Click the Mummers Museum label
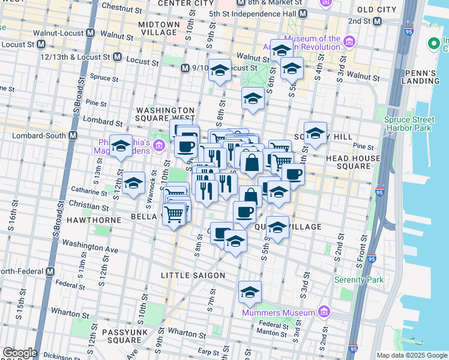279,313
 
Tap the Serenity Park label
358,280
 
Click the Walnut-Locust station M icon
92,32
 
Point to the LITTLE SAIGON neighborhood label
193,275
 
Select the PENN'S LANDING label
428,77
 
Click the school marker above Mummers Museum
250,292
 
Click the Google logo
19,353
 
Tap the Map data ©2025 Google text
411,355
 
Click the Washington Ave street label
90,247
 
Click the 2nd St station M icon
377,21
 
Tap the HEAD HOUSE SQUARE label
353,163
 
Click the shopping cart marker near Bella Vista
173,214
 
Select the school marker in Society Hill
315,134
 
